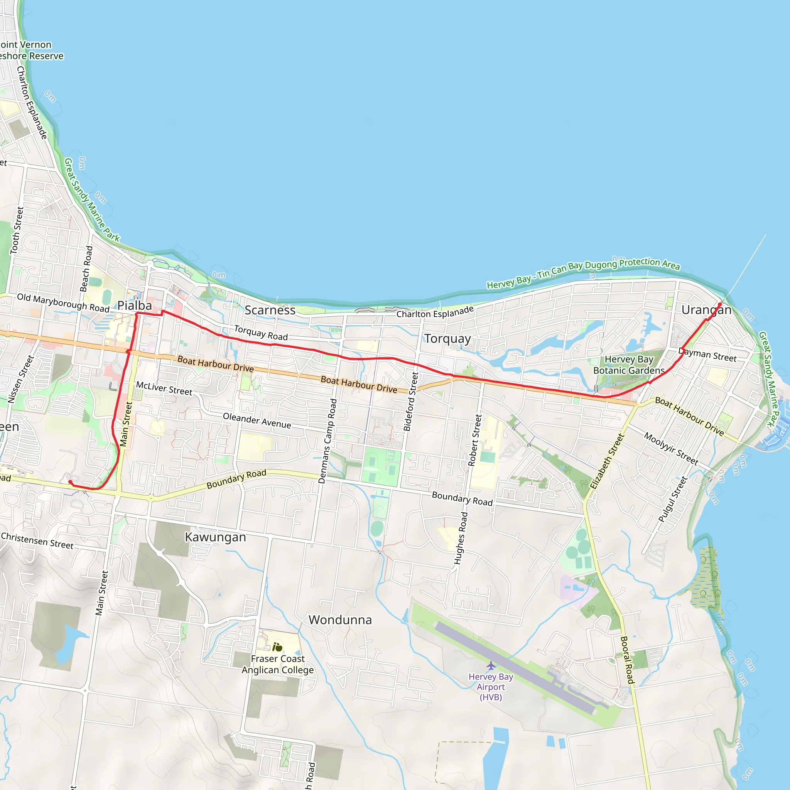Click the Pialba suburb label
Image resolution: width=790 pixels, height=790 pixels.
(135, 306)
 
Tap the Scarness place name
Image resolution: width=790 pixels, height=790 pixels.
(270, 311)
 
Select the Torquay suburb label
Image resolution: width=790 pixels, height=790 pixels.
(447, 339)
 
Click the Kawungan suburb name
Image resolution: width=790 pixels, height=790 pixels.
(216, 537)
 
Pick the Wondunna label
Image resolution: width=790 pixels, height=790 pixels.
(340, 620)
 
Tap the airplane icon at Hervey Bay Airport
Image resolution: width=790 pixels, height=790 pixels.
(491, 666)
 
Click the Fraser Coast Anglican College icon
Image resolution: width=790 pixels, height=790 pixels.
(277, 647)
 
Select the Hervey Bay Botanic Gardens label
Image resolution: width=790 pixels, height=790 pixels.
(629, 365)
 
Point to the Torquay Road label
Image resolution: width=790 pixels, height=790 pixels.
(261, 333)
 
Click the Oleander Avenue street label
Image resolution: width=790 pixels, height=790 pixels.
(257, 420)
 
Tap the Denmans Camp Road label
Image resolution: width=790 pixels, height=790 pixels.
(327, 441)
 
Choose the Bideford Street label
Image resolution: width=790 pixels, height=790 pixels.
(411, 401)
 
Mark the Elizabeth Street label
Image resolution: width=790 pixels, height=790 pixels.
(607, 461)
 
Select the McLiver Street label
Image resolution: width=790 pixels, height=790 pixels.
(164, 388)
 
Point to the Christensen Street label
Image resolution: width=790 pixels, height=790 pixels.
(37, 540)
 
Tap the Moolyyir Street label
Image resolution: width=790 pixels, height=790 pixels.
(671, 449)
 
